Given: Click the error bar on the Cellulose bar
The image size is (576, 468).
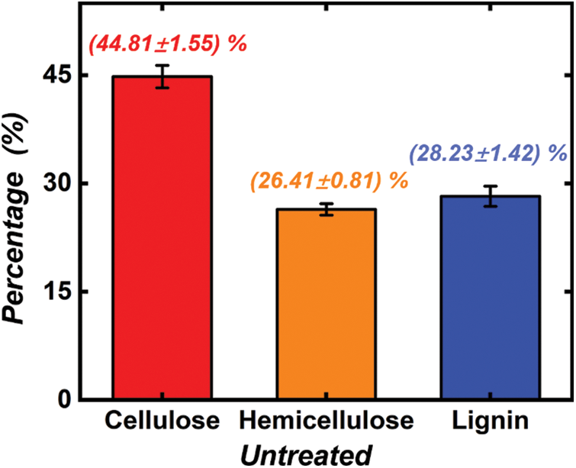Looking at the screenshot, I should (161, 76).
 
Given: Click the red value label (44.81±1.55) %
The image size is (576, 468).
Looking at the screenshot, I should (168, 44).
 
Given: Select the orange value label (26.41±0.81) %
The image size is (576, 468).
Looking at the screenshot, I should (328, 181).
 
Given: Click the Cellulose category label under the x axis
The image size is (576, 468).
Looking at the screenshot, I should (163, 421).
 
